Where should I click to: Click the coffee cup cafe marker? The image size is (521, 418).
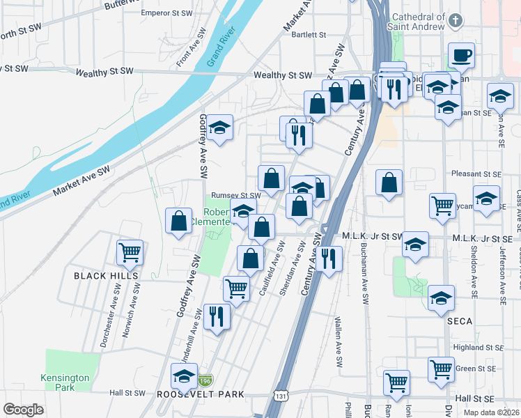[x=461, y=56]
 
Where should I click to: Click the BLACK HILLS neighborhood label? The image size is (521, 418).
[x=106, y=276]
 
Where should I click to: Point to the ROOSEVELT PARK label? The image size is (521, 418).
[x=210, y=394]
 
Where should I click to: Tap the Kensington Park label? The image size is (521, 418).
[x=65, y=382]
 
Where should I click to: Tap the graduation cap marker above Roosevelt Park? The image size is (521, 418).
[x=185, y=377]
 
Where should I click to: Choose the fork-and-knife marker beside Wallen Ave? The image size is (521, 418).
[x=328, y=258]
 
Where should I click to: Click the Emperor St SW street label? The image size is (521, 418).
[x=166, y=13]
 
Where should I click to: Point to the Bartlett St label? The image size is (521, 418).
[x=309, y=34]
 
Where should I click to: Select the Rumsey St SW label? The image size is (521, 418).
[x=235, y=196]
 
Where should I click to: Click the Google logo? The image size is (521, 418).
[x=22, y=409]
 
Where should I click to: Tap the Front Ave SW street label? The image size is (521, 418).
[x=192, y=47]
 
